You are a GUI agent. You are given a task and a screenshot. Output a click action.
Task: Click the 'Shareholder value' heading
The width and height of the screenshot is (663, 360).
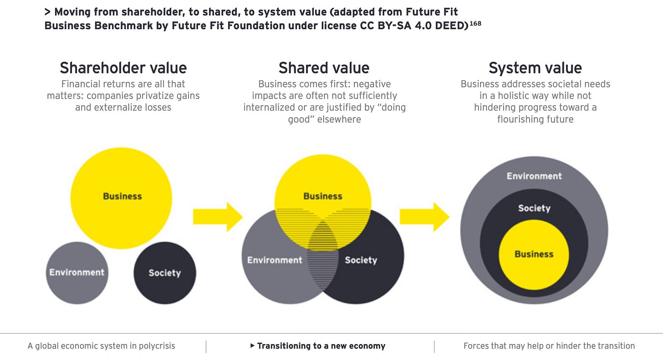[123, 68]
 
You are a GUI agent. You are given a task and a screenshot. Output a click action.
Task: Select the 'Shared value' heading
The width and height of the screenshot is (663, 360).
[324, 68]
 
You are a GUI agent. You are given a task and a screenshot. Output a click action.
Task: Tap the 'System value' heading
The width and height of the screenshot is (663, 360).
[535, 68]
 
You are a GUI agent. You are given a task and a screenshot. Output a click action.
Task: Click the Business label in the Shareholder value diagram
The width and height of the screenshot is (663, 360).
[122, 196]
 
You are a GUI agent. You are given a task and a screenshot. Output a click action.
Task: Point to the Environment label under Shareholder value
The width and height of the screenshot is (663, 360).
[77, 273]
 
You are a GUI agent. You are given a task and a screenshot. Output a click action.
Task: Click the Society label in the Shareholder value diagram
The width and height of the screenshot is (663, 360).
[164, 273]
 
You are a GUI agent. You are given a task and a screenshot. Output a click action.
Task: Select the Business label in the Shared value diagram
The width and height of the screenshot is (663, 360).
[323, 196]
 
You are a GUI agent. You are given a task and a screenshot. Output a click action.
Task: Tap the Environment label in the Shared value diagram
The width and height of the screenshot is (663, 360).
[275, 260]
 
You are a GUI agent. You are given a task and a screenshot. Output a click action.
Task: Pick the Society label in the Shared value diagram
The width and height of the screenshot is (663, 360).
[361, 260]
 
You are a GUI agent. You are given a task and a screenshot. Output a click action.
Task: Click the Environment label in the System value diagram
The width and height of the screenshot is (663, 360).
[534, 176]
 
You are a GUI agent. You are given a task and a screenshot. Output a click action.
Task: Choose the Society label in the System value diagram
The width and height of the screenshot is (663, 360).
[534, 208]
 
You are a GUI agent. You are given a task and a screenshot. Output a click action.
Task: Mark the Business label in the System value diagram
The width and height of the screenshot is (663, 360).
[534, 254]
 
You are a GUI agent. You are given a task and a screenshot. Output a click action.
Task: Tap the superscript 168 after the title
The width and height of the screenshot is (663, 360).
[475, 23]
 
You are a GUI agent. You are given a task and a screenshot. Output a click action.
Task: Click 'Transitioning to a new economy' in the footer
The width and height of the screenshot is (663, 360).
[321, 346]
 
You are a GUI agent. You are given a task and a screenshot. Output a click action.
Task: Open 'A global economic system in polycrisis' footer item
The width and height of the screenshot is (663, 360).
[101, 346]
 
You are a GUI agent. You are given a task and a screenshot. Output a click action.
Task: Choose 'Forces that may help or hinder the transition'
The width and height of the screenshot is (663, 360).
[549, 346]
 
